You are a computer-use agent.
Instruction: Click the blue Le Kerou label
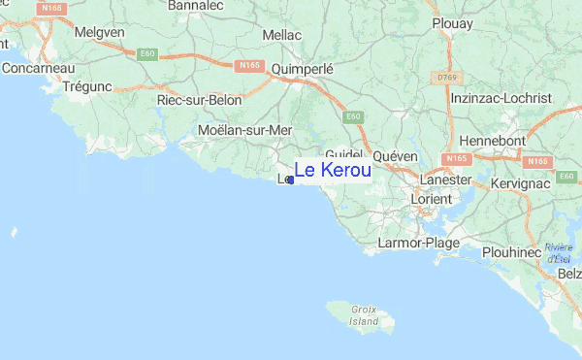click(x=332, y=171)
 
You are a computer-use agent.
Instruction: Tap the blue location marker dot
click(x=291, y=180)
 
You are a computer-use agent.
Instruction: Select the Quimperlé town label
click(x=303, y=69)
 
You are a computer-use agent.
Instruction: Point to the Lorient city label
click(x=431, y=199)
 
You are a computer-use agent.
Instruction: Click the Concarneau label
click(x=38, y=68)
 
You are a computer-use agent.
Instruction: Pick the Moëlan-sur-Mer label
click(x=244, y=129)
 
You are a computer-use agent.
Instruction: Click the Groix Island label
click(x=364, y=313)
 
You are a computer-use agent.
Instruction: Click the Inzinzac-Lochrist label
click(x=514, y=98)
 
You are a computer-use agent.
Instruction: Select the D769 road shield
click(x=446, y=77)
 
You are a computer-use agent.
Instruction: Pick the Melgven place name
click(x=99, y=32)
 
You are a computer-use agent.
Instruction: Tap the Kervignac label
click(x=521, y=182)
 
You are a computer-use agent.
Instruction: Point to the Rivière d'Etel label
click(x=558, y=253)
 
